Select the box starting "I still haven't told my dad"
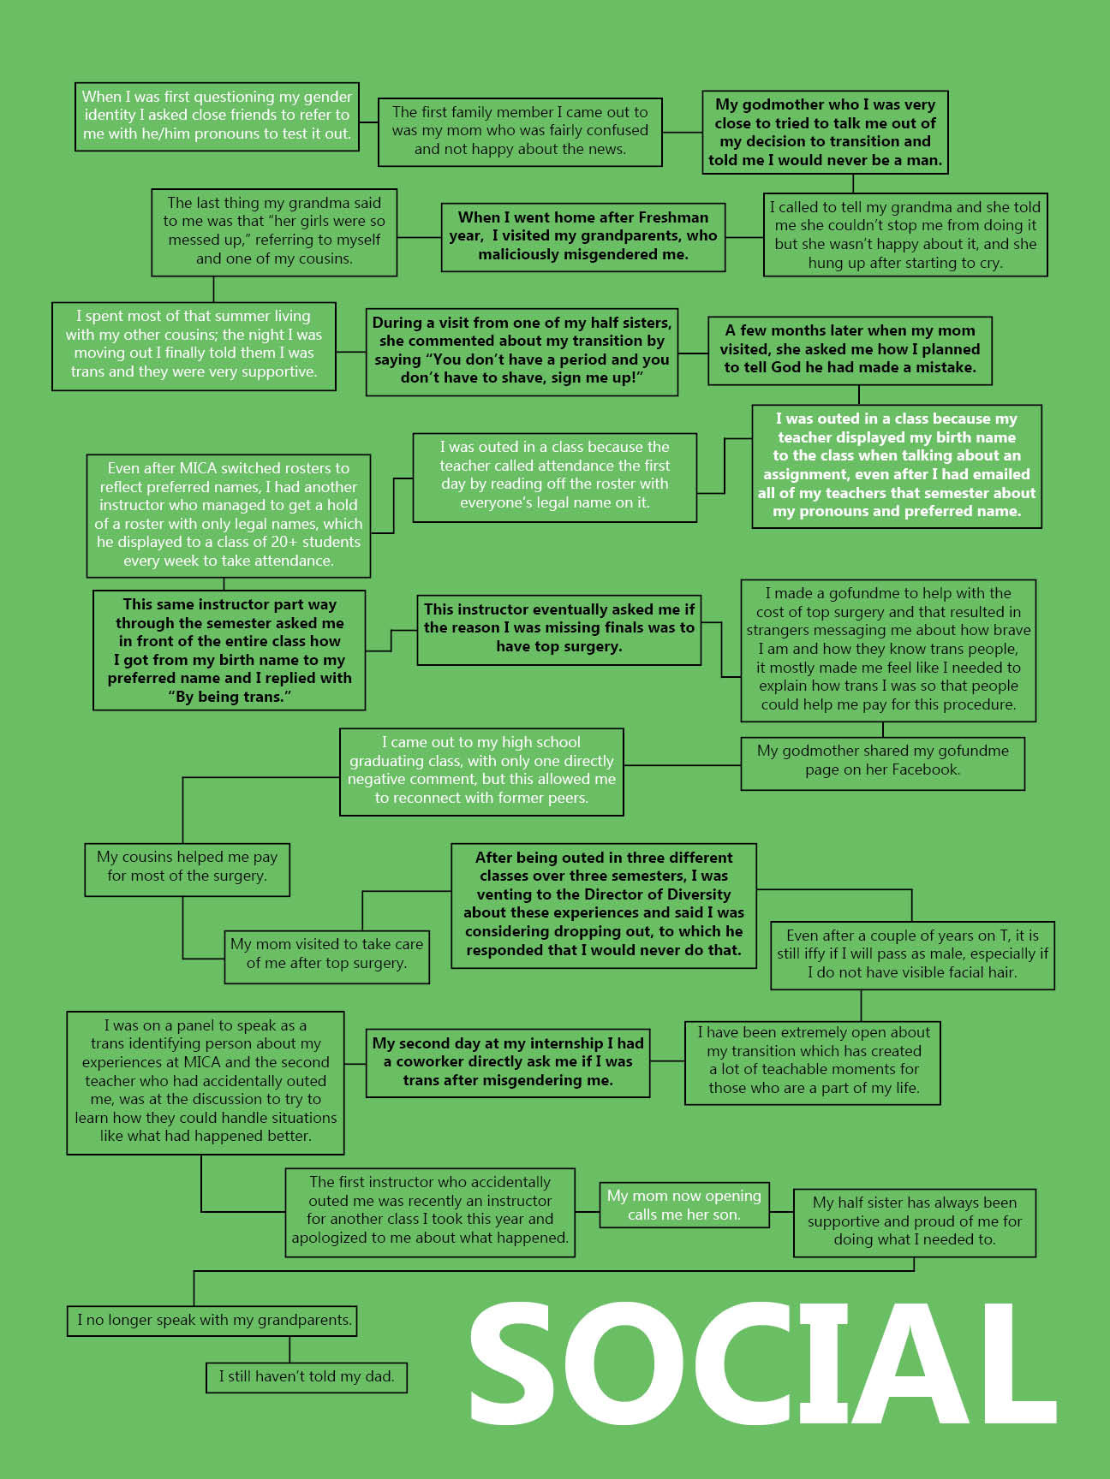click(307, 1377)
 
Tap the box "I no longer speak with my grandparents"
click(212, 1321)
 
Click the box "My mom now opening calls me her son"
click(684, 1205)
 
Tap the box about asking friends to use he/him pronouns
click(217, 116)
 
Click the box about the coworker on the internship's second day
click(508, 1063)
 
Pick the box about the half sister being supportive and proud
click(915, 1222)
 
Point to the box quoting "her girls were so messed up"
click(274, 232)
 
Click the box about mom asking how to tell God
click(850, 350)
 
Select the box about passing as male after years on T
click(912, 955)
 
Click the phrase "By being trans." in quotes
click(230, 698)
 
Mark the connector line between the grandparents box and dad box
click(289, 1350)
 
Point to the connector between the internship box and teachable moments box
click(668, 1062)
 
